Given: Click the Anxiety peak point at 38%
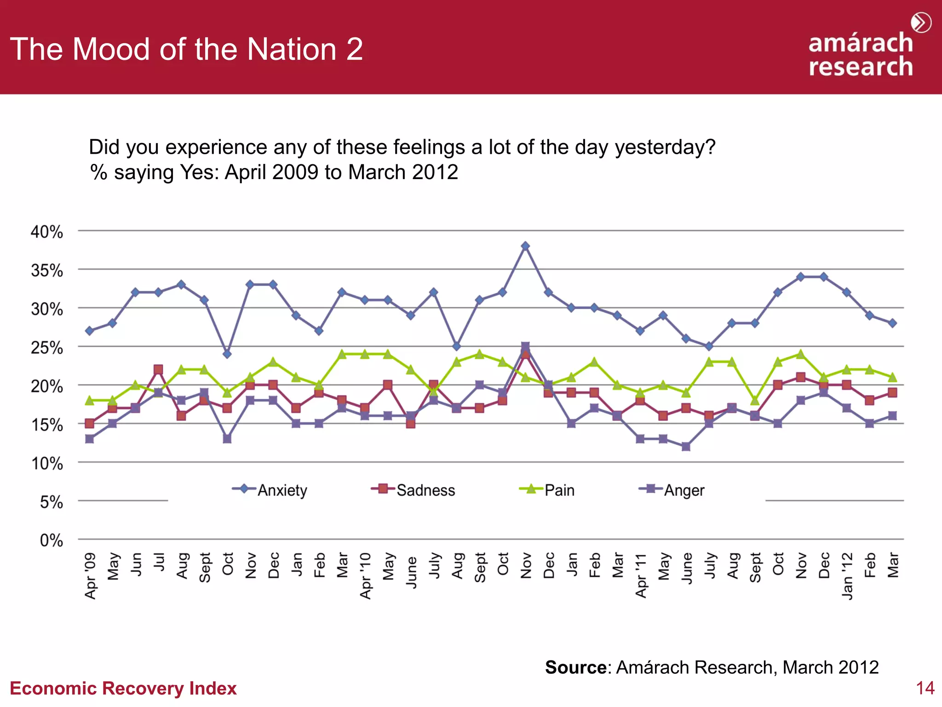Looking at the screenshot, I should [525, 246].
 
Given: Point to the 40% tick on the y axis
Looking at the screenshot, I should [46, 232].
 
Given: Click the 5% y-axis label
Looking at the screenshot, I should [51, 502].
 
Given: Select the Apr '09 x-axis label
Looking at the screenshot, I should [91, 576].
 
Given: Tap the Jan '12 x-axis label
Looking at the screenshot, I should [847, 576].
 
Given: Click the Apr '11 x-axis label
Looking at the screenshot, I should [641, 576].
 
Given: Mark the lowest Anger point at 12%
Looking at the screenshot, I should [686, 446].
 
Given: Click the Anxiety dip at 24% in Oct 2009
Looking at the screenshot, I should [227, 354].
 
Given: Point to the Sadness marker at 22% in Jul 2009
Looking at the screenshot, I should [158, 370].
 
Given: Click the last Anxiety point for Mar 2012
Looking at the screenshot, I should [892, 323].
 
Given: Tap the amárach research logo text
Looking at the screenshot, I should [860, 54].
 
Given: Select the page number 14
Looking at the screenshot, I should [925, 688].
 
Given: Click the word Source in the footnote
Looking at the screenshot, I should [575, 667].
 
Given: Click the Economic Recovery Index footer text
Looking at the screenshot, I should [123, 688].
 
